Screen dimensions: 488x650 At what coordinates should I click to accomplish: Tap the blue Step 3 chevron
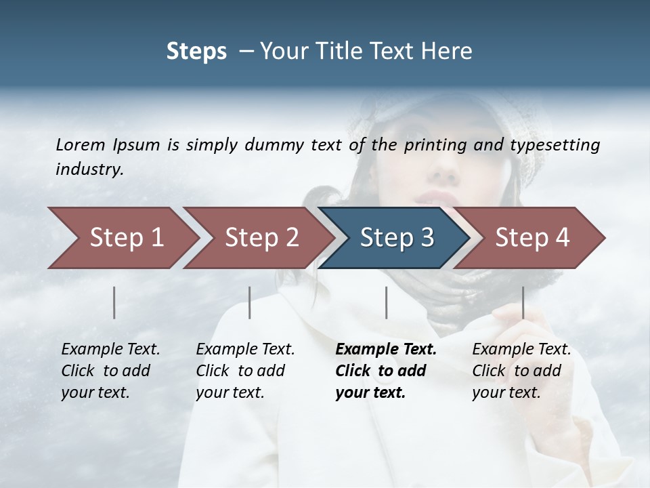(x=396, y=238)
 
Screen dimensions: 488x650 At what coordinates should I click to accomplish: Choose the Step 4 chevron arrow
(x=532, y=238)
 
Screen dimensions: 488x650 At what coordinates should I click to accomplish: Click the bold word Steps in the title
(x=196, y=51)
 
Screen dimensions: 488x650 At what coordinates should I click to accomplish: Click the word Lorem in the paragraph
(x=81, y=144)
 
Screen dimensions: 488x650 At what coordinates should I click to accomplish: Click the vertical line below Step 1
(x=114, y=302)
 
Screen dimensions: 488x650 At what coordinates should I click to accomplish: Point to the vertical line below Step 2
(x=250, y=302)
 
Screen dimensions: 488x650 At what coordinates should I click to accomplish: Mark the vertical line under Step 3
(x=386, y=302)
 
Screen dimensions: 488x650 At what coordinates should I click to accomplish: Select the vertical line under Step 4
(x=523, y=302)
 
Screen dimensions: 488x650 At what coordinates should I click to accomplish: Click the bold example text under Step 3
(x=385, y=371)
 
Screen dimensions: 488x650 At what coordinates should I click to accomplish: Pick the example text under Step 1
(x=110, y=371)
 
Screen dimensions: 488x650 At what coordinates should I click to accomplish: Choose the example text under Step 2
(x=245, y=371)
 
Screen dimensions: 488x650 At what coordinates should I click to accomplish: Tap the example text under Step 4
(x=521, y=371)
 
